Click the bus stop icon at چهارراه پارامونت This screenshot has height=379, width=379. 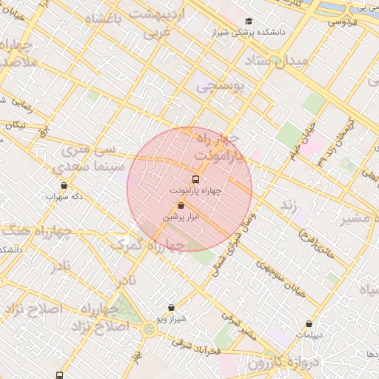(x=195, y=179)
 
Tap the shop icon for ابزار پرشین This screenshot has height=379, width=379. (x=181, y=206)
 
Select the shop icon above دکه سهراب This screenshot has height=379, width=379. (x=64, y=186)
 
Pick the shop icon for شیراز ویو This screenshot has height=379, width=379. (x=171, y=307)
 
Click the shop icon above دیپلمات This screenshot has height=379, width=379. (x=309, y=323)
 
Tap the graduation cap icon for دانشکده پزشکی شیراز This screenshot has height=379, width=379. (x=249, y=21)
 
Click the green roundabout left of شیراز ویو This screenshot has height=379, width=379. (x=148, y=329)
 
